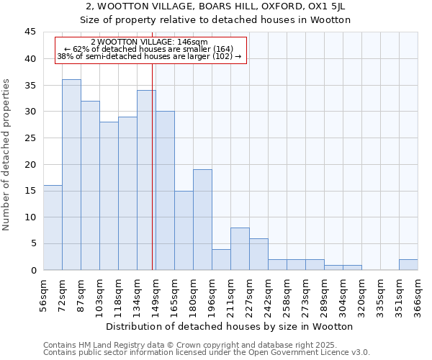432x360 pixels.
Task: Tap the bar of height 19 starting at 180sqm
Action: coord(202,220)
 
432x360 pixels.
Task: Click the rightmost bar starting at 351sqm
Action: coord(408,264)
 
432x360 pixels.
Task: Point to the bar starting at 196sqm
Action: coord(221,259)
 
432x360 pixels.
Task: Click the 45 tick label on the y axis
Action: coord(30,32)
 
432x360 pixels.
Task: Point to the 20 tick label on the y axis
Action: coord(30,164)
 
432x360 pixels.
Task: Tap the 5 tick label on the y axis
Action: coord(32,243)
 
